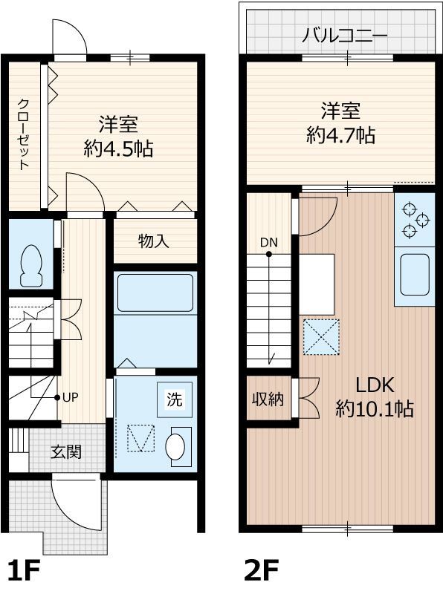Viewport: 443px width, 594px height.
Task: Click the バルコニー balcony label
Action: click(x=345, y=36)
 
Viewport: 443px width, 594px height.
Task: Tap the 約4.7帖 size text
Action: click(x=340, y=135)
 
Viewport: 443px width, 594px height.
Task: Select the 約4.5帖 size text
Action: click(x=119, y=148)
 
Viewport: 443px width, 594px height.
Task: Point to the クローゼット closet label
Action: click(x=25, y=134)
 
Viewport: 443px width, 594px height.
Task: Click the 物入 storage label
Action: click(x=154, y=241)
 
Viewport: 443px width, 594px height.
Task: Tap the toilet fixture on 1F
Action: click(x=31, y=265)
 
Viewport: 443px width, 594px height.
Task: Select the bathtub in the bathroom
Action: click(x=155, y=293)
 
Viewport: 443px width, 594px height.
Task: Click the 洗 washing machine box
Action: click(x=175, y=400)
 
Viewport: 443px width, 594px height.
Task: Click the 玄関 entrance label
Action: click(x=67, y=451)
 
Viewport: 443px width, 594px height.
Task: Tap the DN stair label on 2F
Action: click(x=268, y=242)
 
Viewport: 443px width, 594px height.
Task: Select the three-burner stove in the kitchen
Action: click(x=414, y=220)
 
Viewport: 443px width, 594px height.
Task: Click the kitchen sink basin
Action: click(x=415, y=274)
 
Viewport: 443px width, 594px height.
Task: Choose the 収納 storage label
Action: click(x=268, y=399)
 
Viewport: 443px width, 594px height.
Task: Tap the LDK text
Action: click(x=374, y=385)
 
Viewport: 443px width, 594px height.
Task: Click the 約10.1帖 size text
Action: click(x=374, y=408)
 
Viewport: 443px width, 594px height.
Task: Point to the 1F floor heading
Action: click(x=23, y=570)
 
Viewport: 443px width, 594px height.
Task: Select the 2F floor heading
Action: click(x=262, y=570)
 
